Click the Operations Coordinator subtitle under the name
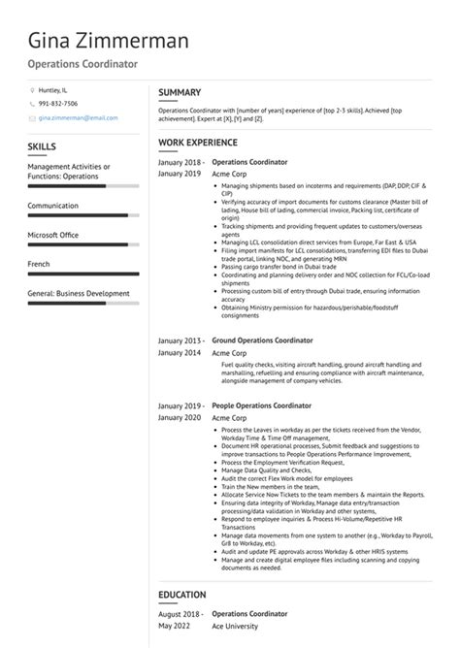[82, 64]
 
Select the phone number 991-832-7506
[58, 103]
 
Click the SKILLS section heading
[43, 146]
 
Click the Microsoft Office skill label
[53, 235]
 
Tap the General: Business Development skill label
[78, 293]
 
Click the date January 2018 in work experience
[181, 161]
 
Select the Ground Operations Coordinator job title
[262, 340]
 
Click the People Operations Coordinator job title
[262, 405]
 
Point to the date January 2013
[181, 340]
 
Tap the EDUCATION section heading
[182, 594]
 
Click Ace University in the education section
[236, 626]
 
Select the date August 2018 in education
[181, 613]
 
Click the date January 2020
[181, 416]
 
